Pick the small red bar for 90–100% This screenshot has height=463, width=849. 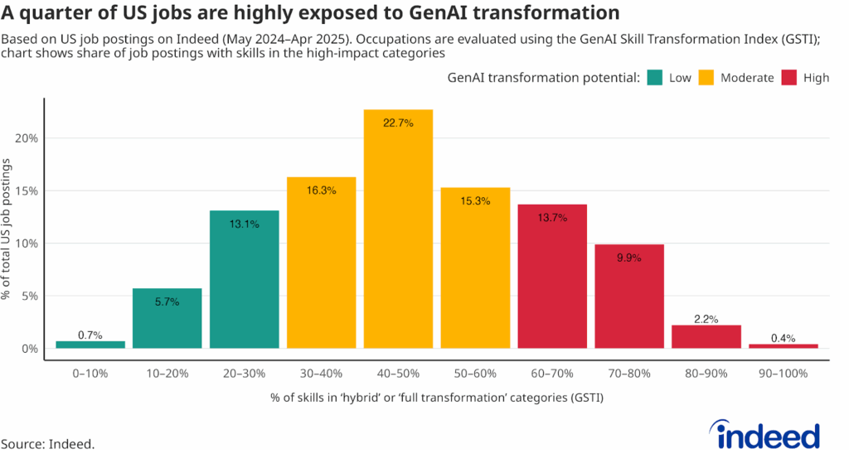click(x=784, y=346)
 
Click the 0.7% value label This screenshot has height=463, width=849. click(x=90, y=335)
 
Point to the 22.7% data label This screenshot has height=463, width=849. click(x=398, y=123)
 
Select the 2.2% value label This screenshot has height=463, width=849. click(x=706, y=319)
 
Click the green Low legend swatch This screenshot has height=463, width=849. click(x=656, y=78)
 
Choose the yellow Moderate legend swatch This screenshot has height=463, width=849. click(x=707, y=78)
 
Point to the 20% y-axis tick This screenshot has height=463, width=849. click(x=27, y=138)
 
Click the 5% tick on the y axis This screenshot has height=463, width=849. click(x=30, y=297)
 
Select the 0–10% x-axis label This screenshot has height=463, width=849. click(x=90, y=374)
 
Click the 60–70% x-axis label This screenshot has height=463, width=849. click(x=551, y=374)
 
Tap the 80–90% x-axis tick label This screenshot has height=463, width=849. click(x=706, y=374)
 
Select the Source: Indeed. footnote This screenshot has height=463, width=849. click(x=47, y=444)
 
